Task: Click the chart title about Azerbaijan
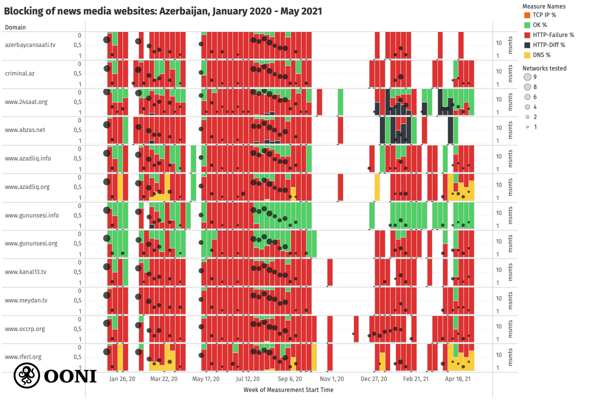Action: point(163,10)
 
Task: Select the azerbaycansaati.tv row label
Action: point(30,45)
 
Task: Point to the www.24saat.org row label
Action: point(26,101)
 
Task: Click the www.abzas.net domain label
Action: point(25,130)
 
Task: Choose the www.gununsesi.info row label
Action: point(32,215)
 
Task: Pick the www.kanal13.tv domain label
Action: point(25,272)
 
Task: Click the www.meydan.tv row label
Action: point(26,300)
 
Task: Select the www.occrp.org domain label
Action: point(25,329)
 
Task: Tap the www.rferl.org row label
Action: point(23,357)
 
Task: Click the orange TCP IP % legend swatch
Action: point(526,15)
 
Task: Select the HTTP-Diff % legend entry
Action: point(549,45)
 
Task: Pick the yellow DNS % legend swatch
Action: point(526,55)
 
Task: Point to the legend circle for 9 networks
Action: point(527,77)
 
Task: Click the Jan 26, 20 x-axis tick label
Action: point(122,379)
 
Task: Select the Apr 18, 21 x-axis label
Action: point(458,379)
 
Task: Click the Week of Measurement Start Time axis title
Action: point(288,389)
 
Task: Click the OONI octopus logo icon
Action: point(26,375)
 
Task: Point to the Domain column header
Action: point(15,27)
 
